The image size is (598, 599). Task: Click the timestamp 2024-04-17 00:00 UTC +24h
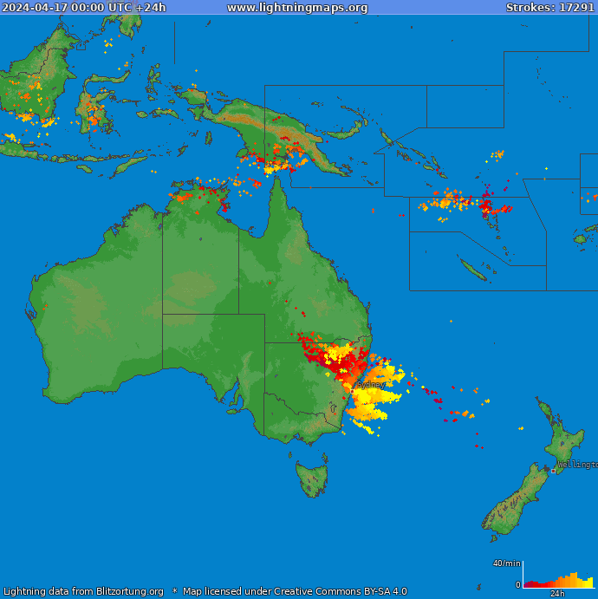[84, 8]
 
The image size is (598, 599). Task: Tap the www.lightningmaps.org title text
[297, 8]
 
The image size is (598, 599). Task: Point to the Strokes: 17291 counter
[550, 8]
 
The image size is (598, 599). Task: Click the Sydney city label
[371, 384]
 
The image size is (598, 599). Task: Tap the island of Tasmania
[312, 479]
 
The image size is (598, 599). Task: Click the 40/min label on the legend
[507, 563]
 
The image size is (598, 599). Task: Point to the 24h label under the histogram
[558, 594]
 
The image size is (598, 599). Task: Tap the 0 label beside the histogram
[518, 585]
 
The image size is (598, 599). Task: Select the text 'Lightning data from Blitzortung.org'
[83, 591]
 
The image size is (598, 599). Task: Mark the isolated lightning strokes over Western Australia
[46, 305]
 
